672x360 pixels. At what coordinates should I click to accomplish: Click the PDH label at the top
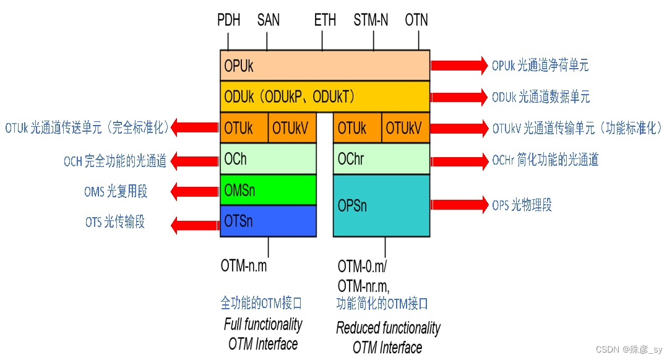pyautogui.click(x=228, y=20)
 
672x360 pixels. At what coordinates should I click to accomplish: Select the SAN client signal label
pyautogui.click(x=268, y=20)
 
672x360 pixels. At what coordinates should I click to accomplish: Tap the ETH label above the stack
pyautogui.click(x=325, y=20)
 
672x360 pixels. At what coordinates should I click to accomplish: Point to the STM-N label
pyautogui.click(x=371, y=20)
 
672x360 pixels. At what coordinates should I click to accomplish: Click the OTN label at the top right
pyautogui.click(x=416, y=20)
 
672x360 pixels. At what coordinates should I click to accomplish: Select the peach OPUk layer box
pyautogui.click(x=325, y=66)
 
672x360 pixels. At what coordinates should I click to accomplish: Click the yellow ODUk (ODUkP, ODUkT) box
pyautogui.click(x=325, y=96)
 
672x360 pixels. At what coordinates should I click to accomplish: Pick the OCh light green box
pyautogui.click(x=269, y=159)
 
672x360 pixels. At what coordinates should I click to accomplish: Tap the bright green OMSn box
pyautogui.click(x=269, y=190)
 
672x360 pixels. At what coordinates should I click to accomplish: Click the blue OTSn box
pyautogui.click(x=269, y=221)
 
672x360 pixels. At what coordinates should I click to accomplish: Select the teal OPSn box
pyautogui.click(x=381, y=205)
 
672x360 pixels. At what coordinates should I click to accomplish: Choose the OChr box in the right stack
pyautogui.click(x=381, y=159)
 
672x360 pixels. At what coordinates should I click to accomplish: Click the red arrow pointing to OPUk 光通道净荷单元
pyautogui.click(x=459, y=65)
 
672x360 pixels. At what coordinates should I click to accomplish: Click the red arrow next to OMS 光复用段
pyautogui.click(x=195, y=192)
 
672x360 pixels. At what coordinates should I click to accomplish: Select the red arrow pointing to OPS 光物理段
pyautogui.click(x=459, y=205)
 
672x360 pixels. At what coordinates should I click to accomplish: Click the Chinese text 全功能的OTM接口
pyautogui.click(x=262, y=303)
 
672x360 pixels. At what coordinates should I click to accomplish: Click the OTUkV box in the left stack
pyautogui.click(x=292, y=128)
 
